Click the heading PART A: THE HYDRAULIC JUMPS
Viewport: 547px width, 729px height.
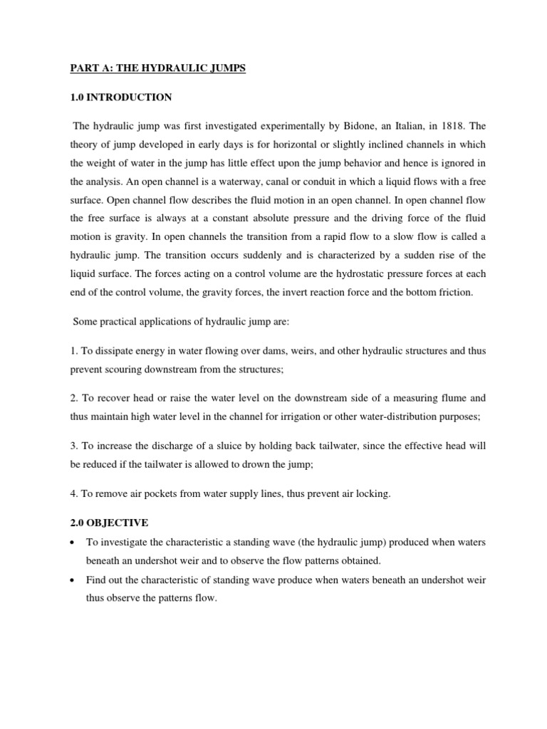point(157,70)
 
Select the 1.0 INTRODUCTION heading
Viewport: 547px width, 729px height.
point(121,98)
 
